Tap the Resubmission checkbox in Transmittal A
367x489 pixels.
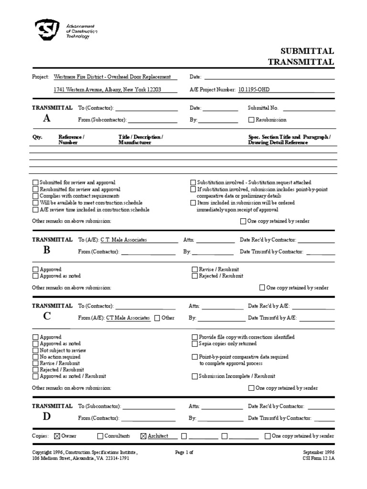coord(251,120)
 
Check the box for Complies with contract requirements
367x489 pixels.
coord(35,196)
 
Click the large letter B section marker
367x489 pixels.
coord(46,250)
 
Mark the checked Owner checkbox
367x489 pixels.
coord(57,436)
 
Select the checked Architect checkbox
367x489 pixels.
coord(143,436)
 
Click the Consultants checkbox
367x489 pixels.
coord(100,436)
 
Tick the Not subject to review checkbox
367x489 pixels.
coord(35,351)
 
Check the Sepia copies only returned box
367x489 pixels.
coord(194,344)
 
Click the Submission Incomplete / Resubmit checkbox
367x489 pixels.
coord(194,376)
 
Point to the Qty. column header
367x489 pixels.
coord(37,137)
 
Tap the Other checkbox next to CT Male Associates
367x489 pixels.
coord(157,318)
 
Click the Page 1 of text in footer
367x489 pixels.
coord(183,451)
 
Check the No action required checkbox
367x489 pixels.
coord(35,357)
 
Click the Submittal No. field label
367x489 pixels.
coord(263,108)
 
